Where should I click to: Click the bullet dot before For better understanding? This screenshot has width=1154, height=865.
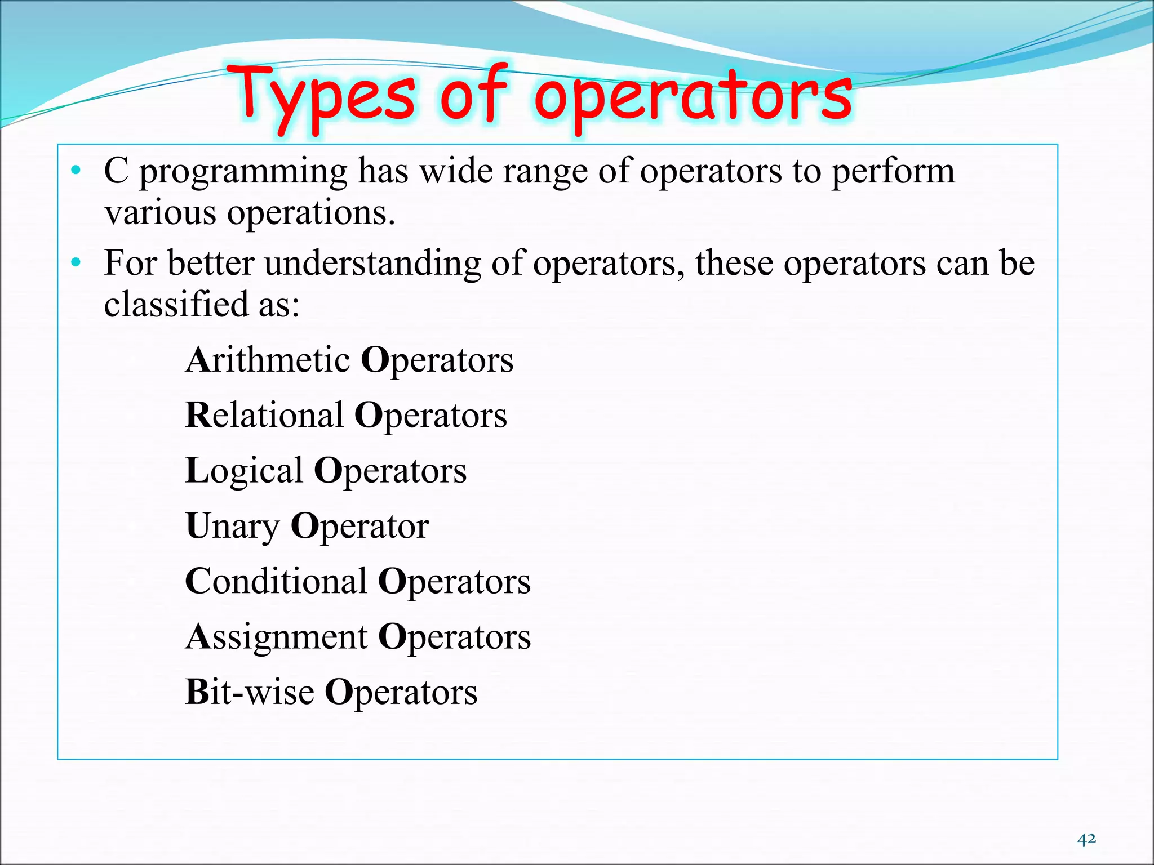click(76, 262)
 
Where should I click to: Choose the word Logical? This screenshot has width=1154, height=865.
click(244, 471)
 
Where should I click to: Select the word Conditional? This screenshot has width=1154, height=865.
click(276, 581)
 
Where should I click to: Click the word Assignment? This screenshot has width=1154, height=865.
click(277, 637)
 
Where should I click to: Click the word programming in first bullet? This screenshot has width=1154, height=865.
click(243, 172)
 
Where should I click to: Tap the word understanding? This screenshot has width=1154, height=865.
click(372, 264)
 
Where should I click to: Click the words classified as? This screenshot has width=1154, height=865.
click(202, 305)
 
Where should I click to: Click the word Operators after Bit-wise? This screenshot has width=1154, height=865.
click(401, 692)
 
